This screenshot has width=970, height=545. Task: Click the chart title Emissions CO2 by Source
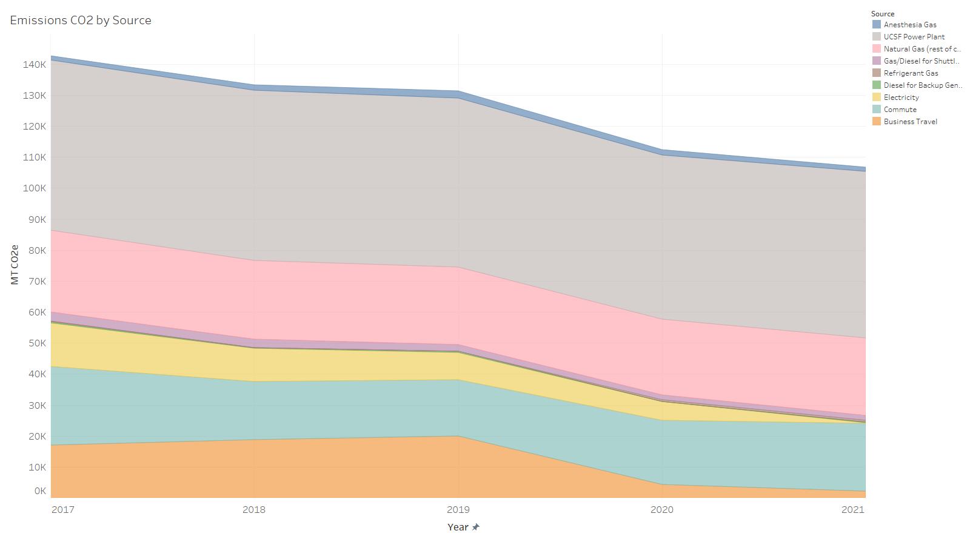(x=81, y=20)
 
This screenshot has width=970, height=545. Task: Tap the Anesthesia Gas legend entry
(x=909, y=25)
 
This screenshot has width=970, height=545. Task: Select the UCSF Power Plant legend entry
(x=914, y=37)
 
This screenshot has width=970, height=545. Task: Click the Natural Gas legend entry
(x=921, y=49)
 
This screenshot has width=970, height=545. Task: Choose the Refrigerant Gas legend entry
(x=911, y=73)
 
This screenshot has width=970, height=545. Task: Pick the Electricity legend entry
(x=901, y=97)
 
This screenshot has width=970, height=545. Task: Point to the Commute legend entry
(x=900, y=110)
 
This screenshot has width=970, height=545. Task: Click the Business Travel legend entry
(x=910, y=122)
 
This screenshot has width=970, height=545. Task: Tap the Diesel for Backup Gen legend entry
(x=922, y=85)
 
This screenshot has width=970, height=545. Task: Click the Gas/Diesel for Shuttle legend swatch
(x=876, y=61)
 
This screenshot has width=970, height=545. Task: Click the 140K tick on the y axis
(x=35, y=64)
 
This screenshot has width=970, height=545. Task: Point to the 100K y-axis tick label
(x=35, y=188)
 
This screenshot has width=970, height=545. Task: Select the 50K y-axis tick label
(x=36, y=343)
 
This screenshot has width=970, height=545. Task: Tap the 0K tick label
(x=39, y=491)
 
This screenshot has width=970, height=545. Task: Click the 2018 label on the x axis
(x=253, y=509)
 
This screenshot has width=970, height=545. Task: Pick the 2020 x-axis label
(x=661, y=509)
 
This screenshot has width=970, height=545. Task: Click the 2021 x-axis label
(x=852, y=509)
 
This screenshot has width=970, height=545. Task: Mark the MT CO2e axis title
(x=15, y=265)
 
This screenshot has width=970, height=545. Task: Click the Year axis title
(x=458, y=527)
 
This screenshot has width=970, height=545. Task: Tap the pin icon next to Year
(x=476, y=527)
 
